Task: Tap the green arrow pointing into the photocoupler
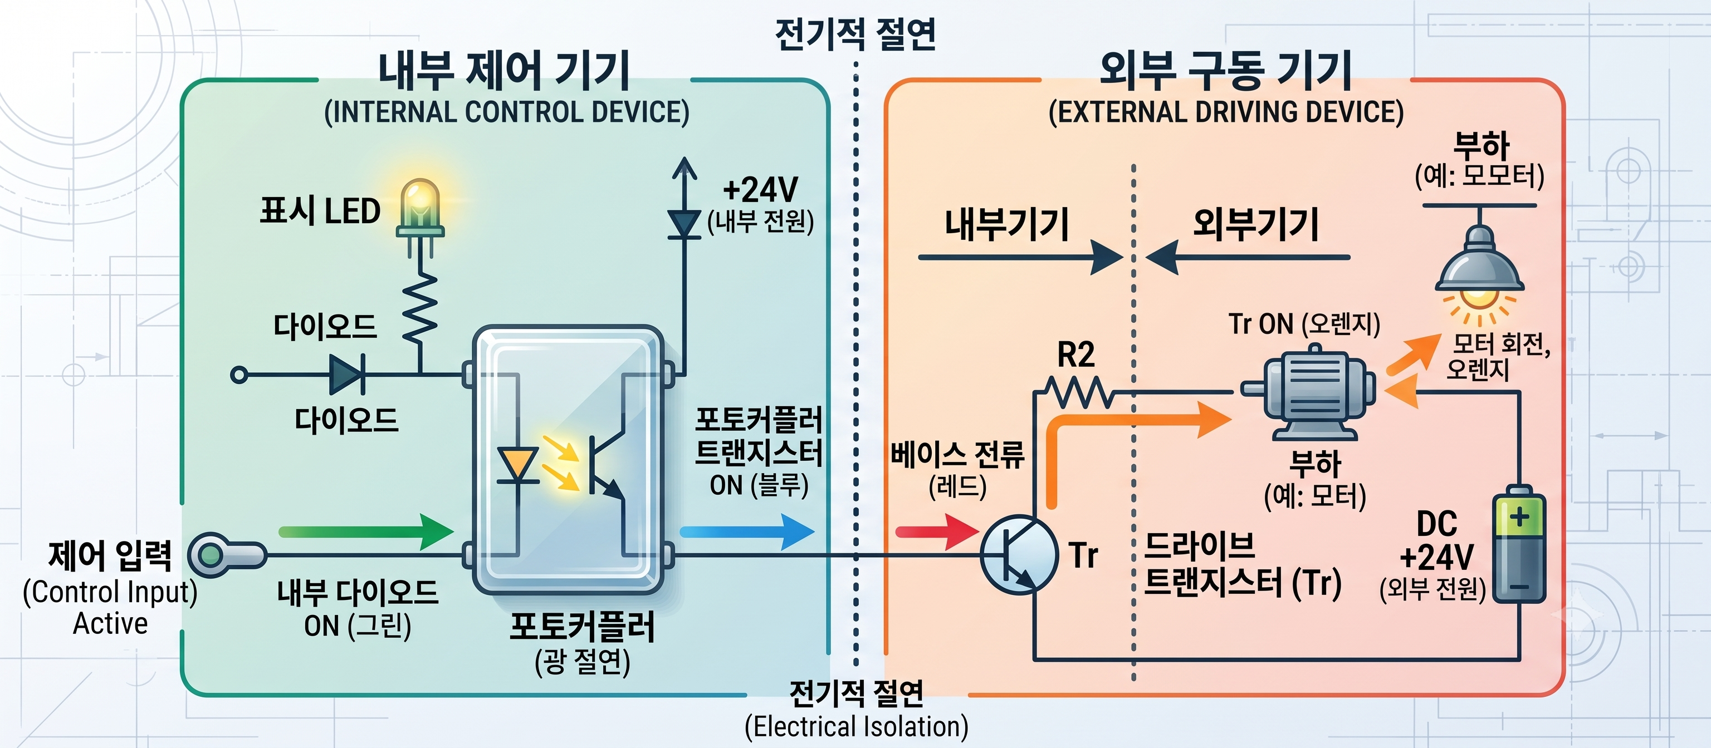coord(366,532)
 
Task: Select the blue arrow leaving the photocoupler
coord(747,532)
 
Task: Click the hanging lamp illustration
coord(1480,265)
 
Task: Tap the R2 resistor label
coord(1076,355)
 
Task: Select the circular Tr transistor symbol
coord(1019,555)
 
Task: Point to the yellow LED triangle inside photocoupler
coord(517,462)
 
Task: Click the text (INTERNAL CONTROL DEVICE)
coord(507,112)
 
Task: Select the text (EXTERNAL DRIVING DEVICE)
coord(1226,112)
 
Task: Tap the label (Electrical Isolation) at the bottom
coord(856,727)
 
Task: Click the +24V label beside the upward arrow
coord(760,190)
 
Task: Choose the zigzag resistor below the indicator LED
coord(420,309)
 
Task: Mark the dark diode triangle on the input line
coord(347,375)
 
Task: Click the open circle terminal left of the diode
coord(239,375)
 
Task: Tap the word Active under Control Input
coord(110,624)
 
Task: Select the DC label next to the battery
coord(1436,524)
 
